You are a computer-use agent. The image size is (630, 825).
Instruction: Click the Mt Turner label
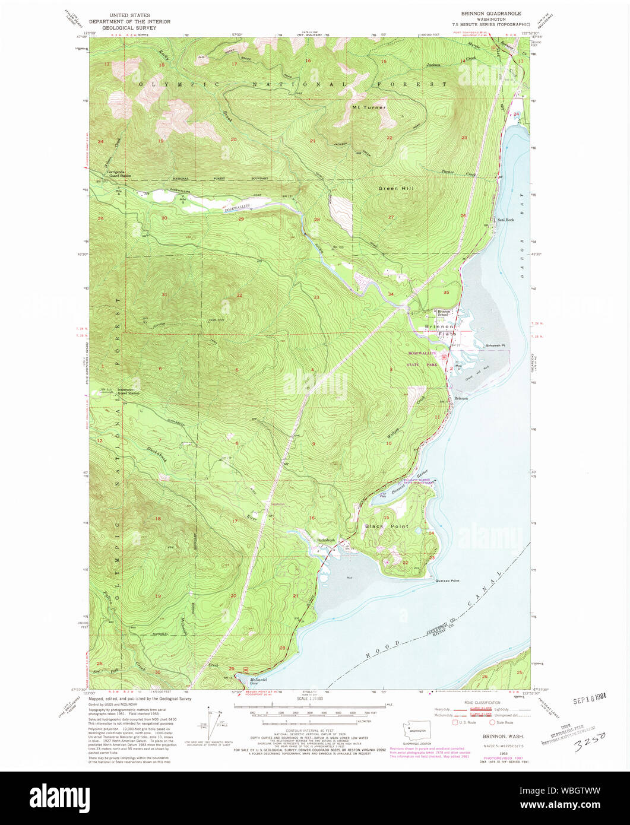[x=369, y=108]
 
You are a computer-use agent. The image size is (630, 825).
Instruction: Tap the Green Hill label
[x=395, y=189]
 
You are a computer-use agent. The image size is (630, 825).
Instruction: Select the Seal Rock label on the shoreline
[x=505, y=220]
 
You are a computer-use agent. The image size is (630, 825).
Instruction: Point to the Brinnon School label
[x=445, y=313]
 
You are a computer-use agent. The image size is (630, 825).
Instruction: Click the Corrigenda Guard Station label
[x=119, y=174]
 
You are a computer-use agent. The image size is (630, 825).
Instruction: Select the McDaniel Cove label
[x=257, y=681]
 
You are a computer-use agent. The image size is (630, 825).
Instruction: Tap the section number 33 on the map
[x=316, y=297]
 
